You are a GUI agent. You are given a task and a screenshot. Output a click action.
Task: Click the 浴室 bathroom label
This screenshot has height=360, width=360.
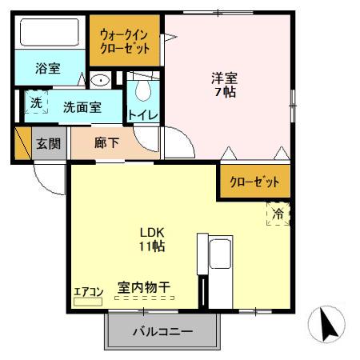pos(47,69)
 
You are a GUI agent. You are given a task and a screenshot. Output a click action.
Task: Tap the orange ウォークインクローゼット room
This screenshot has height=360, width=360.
pos(125,42)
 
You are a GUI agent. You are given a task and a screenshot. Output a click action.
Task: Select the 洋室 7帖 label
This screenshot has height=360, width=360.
pos(224,84)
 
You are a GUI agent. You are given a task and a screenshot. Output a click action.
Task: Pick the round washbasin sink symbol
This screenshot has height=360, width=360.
pos(100,80)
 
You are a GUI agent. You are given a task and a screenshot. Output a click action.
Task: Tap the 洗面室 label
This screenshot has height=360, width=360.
pos(82,106)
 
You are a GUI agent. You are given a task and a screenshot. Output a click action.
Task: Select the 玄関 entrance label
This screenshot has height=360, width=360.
pos(47,144)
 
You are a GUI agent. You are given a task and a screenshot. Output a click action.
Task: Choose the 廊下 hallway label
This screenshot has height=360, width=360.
pos(106,144)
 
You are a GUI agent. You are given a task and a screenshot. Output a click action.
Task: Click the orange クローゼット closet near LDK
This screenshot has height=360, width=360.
pos(255,182)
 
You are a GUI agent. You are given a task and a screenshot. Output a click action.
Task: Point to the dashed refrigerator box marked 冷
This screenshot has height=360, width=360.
pos(277,214)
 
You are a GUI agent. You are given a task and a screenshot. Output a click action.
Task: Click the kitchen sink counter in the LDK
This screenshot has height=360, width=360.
pos(218,256)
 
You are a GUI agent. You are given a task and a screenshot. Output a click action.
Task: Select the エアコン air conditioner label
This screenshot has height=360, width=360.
pos(87,291)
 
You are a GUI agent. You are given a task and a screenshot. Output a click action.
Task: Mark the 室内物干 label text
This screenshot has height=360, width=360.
pos(143,286)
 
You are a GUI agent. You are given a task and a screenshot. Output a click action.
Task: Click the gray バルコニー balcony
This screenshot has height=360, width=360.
pos(162,330)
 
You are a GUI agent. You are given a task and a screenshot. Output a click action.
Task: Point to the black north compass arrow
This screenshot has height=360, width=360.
pos(328,324)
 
